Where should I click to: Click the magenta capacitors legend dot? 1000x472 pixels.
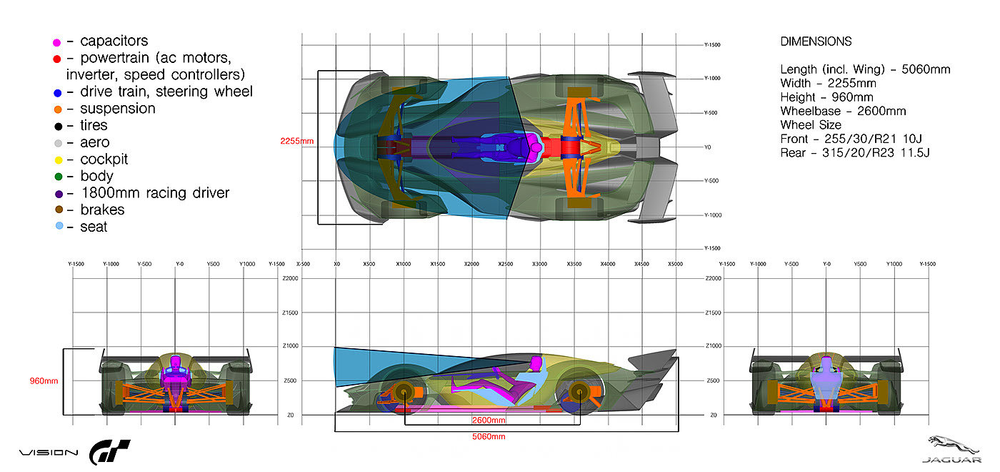(57, 42)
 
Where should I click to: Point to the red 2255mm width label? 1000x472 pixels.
(297, 141)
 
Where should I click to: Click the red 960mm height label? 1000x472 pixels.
(44, 381)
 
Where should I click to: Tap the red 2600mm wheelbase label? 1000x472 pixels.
(488, 420)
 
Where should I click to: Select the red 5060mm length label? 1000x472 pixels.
(489, 436)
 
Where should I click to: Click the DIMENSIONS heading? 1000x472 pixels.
(816, 42)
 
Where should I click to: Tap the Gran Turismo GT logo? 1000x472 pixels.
(109, 452)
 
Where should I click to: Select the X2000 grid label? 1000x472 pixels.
(471, 264)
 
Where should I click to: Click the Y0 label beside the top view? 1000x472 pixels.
(707, 147)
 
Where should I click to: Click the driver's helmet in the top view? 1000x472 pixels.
(534, 148)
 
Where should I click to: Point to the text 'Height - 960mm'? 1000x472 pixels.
(826, 97)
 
